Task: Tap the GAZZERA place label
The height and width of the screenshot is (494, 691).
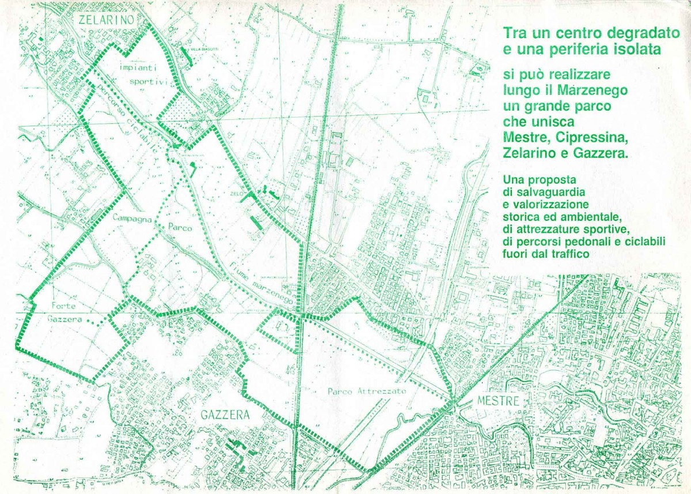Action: tap(225, 415)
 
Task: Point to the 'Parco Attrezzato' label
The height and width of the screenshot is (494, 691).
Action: tap(367, 391)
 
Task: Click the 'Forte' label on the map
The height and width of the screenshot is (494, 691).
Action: tap(63, 306)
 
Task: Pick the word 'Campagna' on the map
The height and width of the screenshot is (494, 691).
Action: tap(132, 218)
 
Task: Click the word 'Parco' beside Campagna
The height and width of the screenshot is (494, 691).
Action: tap(180, 227)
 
